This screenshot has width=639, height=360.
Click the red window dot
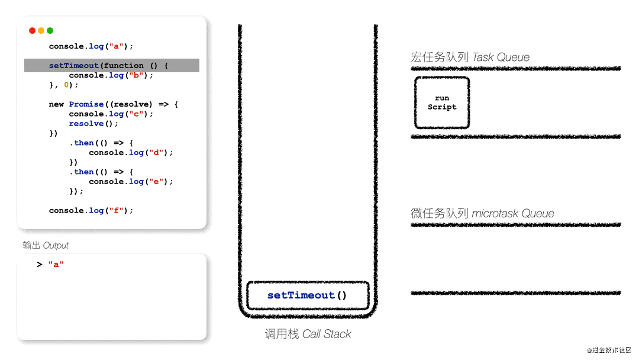tap(32, 31)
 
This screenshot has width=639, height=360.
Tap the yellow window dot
tap(41, 31)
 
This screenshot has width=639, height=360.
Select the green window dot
tap(50, 31)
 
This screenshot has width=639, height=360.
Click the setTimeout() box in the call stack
tap(307, 295)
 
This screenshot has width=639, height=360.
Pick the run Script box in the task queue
tap(442, 102)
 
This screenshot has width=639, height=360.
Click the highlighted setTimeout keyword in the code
tap(74, 66)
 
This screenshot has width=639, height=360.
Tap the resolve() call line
tap(93, 124)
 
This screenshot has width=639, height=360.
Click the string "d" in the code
tap(157, 153)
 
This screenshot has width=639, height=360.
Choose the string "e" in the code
tap(157, 182)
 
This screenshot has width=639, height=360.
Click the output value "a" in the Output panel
tap(56, 265)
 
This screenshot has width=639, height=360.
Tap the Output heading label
tap(46, 245)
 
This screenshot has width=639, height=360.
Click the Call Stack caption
tap(308, 334)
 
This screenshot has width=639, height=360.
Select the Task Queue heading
tap(470, 57)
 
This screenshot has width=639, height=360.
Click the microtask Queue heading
tap(482, 213)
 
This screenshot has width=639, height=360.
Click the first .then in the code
tap(83, 143)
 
